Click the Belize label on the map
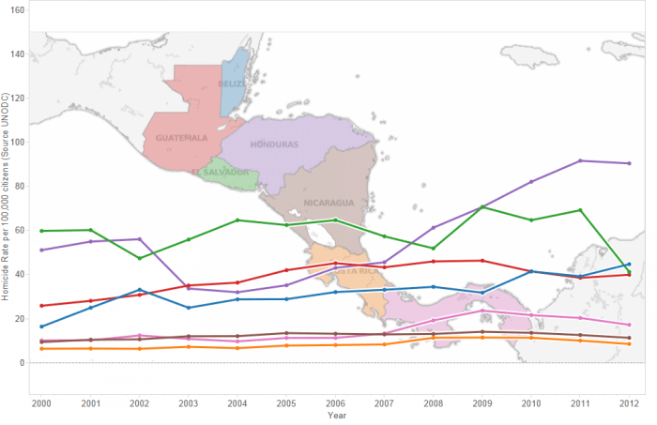pos(232,83)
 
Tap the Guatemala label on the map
pos(182,137)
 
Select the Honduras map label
pos(273,144)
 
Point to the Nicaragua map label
pos(328,203)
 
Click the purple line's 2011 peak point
pos(580,160)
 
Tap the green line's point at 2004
pos(237,220)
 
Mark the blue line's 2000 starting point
pos(40,326)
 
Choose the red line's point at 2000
pos(40,306)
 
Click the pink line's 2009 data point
pos(482,311)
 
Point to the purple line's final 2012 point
pos(629,163)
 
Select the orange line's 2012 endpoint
pos(629,344)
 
